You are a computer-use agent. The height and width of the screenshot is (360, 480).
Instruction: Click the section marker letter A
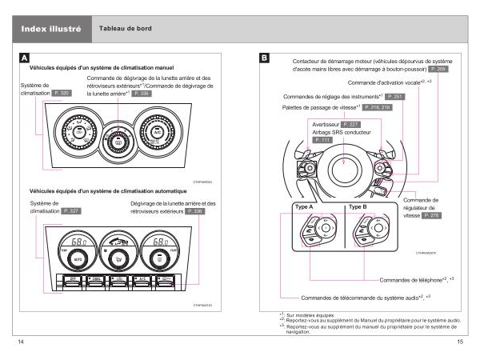pyautogui.click(x=25, y=58)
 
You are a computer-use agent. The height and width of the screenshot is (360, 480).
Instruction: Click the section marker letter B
pyautogui.click(x=265, y=58)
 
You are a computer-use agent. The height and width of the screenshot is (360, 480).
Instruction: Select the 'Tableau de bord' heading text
pyautogui.click(x=126, y=29)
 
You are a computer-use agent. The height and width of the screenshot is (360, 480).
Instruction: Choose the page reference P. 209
pyautogui.click(x=438, y=70)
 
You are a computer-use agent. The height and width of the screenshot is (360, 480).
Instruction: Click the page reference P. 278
pyautogui.click(x=431, y=216)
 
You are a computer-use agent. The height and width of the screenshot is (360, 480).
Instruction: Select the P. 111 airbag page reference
pyautogui.click(x=322, y=140)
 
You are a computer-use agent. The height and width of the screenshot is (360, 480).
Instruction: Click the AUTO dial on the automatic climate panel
pyautogui.click(x=79, y=259)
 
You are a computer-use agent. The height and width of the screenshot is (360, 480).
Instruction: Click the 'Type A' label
pyautogui.click(x=304, y=207)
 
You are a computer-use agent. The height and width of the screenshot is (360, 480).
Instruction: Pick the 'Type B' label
pyautogui.click(x=357, y=207)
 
